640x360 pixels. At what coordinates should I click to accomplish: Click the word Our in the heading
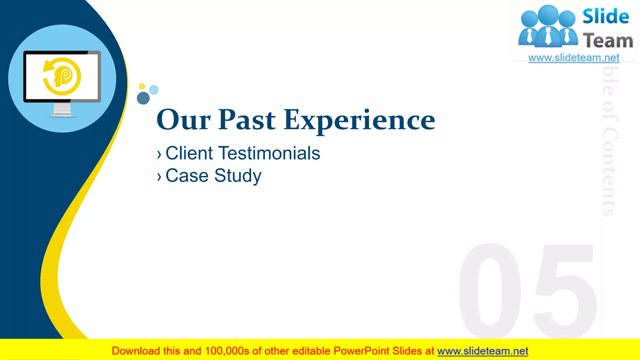[x=184, y=120]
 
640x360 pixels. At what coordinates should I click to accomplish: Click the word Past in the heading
[x=247, y=120]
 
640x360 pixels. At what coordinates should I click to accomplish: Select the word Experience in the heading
[x=359, y=121]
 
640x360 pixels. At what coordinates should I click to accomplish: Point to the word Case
[x=187, y=176]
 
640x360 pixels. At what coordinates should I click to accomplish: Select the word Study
[x=238, y=176]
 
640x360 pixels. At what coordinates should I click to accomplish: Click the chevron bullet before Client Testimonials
[x=159, y=154]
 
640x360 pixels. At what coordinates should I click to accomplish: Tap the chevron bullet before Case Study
[x=159, y=177]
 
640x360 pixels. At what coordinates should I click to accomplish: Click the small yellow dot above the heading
[x=142, y=86]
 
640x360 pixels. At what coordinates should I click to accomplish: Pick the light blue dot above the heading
[x=154, y=90]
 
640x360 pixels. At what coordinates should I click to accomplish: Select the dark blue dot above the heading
[x=143, y=98]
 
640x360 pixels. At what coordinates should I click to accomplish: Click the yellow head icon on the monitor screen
[x=62, y=77]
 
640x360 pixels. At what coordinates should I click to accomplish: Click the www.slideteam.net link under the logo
[x=574, y=58]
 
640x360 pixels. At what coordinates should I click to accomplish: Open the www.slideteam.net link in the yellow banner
[x=482, y=351]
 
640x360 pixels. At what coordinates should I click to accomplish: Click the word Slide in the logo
[x=606, y=16]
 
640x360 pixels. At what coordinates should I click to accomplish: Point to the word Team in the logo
[x=608, y=41]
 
